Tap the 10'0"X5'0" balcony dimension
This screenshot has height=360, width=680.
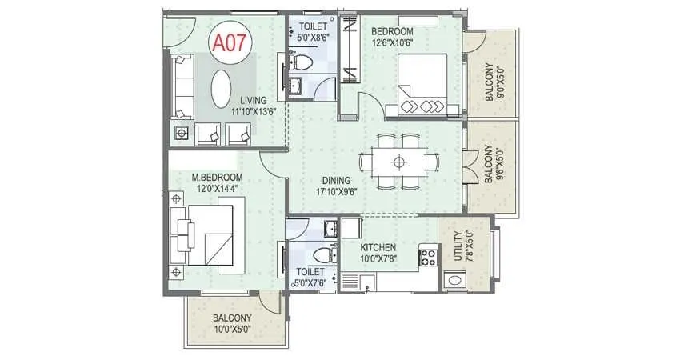coord(232,328)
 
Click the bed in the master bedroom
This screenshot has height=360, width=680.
coord(206,234)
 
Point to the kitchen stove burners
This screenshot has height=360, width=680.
coord(428,257)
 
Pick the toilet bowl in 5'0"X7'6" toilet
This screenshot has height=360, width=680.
coord(323,255)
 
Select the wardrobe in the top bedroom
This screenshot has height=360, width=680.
coord(350,52)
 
